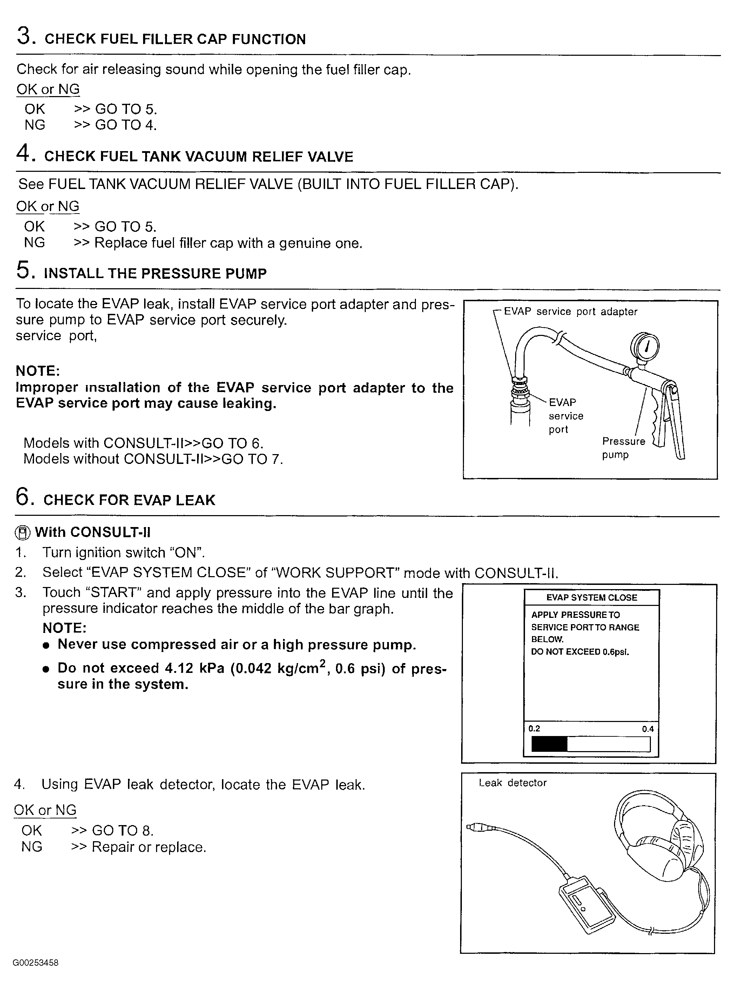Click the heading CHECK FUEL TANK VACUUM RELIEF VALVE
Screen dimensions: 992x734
(x=198, y=156)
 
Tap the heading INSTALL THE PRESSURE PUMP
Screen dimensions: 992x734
(x=155, y=273)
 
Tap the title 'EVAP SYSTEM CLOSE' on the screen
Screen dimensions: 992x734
(x=591, y=598)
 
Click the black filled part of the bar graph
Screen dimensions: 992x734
(x=549, y=744)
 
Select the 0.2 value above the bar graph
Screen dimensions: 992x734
(x=534, y=729)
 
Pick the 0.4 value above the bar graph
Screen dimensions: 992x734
(x=647, y=729)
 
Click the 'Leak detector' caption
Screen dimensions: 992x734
(x=512, y=783)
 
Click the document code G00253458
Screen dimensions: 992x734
(x=35, y=963)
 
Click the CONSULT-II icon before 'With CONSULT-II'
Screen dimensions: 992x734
(x=23, y=532)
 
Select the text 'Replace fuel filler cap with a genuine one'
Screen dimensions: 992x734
(x=228, y=243)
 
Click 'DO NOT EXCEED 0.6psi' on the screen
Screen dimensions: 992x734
(x=580, y=652)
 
